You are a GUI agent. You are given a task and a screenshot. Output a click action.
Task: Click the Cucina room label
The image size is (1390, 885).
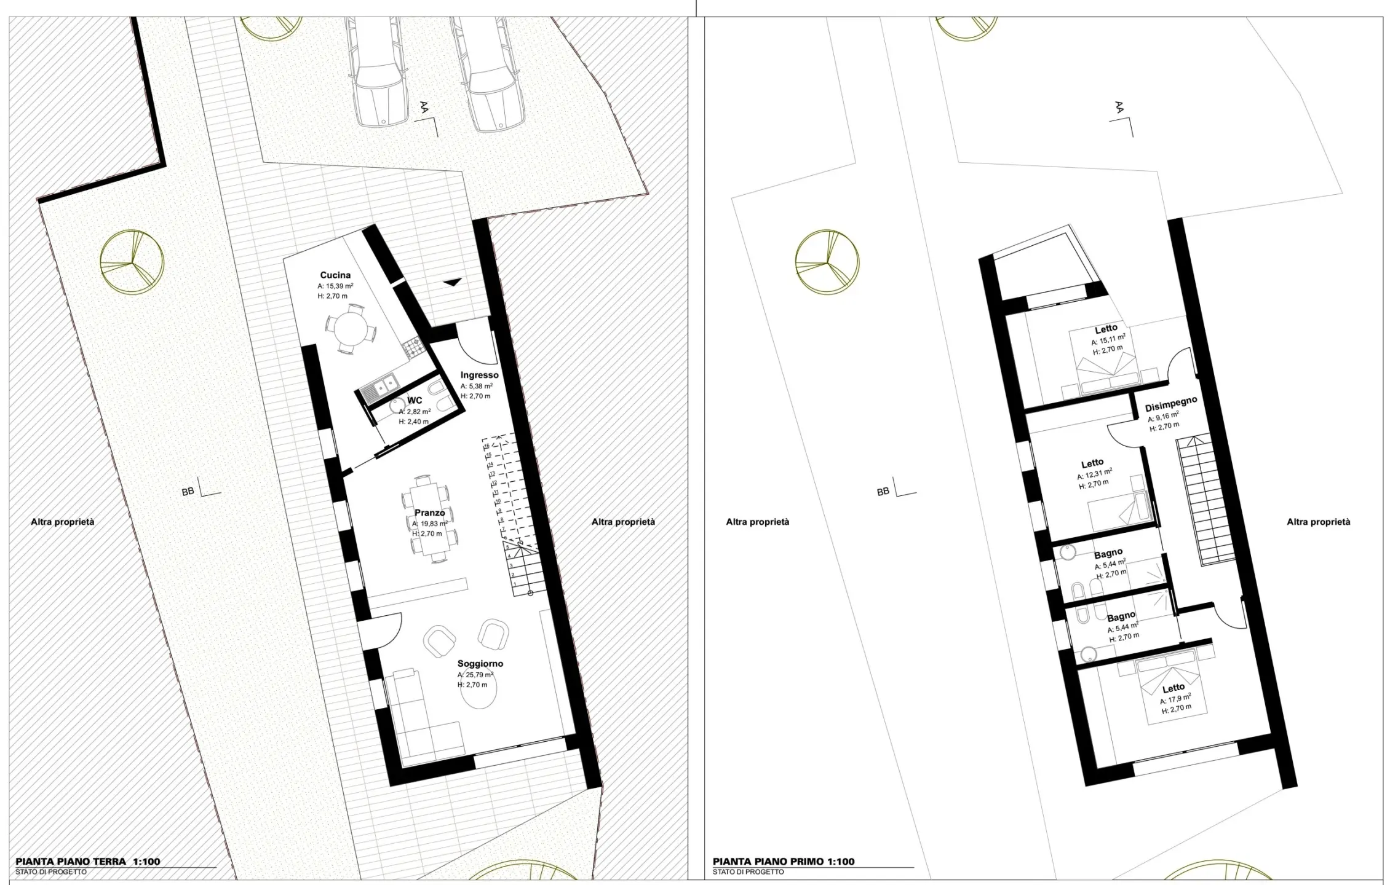pyautogui.click(x=335, y=275)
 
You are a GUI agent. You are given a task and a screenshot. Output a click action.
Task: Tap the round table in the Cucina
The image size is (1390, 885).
pyautogui.click(x=349, y=331)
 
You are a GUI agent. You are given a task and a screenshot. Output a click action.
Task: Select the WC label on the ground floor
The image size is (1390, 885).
pyautogui.click(x=415, y=401)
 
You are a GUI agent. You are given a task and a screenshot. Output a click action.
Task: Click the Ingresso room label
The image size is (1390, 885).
pyautogui.click(x=480, y=375)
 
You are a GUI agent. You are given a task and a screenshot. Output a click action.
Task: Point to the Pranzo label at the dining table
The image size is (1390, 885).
pyautogui.click(x=429, y=513)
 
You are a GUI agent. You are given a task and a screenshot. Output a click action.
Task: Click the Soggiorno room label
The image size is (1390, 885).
pyautogui.click(x=480, y=664)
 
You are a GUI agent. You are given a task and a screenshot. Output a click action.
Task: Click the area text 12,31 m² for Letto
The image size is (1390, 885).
pyautogui.click(x=1094, y=474)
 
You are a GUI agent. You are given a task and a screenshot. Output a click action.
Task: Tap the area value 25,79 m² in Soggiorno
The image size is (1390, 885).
pyautogui.click(x=475, y=675)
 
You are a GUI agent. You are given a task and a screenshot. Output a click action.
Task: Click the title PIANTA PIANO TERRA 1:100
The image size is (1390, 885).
pyautogui.click(x=88, y=862)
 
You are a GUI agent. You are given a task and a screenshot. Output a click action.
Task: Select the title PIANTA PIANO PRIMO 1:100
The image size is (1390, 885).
pyautogui.click(x=784, y=862)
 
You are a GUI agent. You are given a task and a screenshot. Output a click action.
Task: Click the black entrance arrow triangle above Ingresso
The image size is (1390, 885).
pyautogui.click(x=453, y=282)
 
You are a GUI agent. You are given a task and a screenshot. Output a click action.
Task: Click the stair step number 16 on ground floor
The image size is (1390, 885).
pyautogui.click(x=486, y=446)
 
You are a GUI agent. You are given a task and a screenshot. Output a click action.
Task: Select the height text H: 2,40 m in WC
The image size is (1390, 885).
pyautogui.click(x=413, y=422)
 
